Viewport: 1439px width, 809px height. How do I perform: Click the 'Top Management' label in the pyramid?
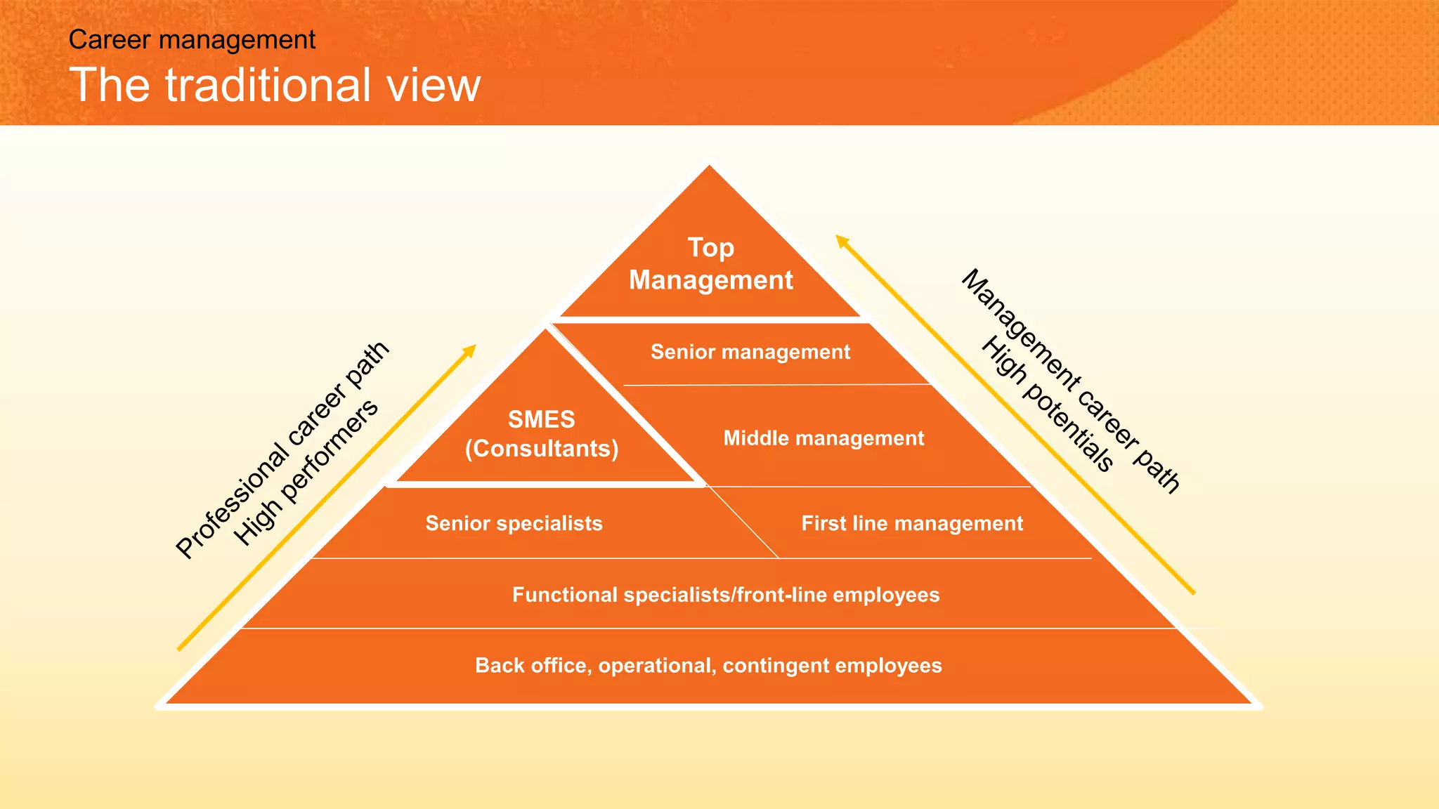point(710,263)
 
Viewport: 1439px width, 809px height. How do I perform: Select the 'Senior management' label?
point(750,352)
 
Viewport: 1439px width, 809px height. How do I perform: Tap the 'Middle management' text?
point(823,438)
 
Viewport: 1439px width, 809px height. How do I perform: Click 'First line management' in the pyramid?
point(911,523)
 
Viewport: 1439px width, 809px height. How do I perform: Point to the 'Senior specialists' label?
point(514,523)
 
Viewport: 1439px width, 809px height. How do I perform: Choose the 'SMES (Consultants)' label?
point(542,434)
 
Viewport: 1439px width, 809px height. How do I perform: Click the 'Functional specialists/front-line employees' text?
point(725,595)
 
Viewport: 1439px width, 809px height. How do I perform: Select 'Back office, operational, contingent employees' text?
point(708,665)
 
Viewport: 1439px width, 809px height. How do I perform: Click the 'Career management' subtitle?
point(192,40)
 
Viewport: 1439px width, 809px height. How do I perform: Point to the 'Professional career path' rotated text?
point(281,450)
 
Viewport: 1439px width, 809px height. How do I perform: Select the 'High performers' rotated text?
point(306,473)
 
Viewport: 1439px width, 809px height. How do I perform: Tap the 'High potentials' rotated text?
point(1047,404)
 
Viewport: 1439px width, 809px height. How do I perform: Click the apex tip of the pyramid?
point(709,166)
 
